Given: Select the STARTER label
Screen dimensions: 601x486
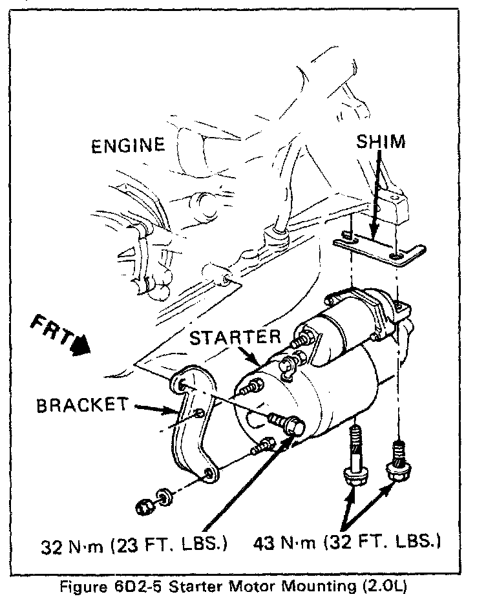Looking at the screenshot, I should click(x=236, y=337).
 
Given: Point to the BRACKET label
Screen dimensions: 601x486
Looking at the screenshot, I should click(x=83, y=405).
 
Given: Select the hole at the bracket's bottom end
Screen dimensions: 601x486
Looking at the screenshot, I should click(x=208, y=477).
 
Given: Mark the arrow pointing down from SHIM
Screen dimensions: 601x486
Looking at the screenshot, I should click(x=374, y=207).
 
